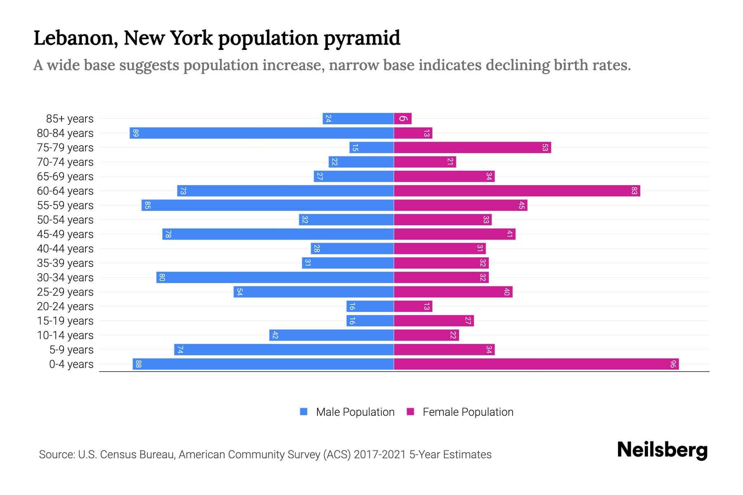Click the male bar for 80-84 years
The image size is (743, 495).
262,133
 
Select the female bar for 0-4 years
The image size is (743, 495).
536,364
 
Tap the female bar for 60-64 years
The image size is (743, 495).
517,191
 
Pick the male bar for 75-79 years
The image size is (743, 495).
371,148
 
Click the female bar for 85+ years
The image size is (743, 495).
403,119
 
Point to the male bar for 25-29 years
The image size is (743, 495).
314,292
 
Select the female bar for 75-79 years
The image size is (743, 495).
472,148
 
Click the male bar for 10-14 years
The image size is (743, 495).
331,335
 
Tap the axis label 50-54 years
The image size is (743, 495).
65,220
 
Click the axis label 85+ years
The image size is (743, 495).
70,119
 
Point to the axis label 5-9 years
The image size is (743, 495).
71,350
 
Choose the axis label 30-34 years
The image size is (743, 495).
65,278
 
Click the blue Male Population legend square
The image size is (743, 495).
304,412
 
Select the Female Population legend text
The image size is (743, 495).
468,412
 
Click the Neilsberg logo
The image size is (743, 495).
662,450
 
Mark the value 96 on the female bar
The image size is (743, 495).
673,364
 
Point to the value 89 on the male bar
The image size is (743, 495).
136,133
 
